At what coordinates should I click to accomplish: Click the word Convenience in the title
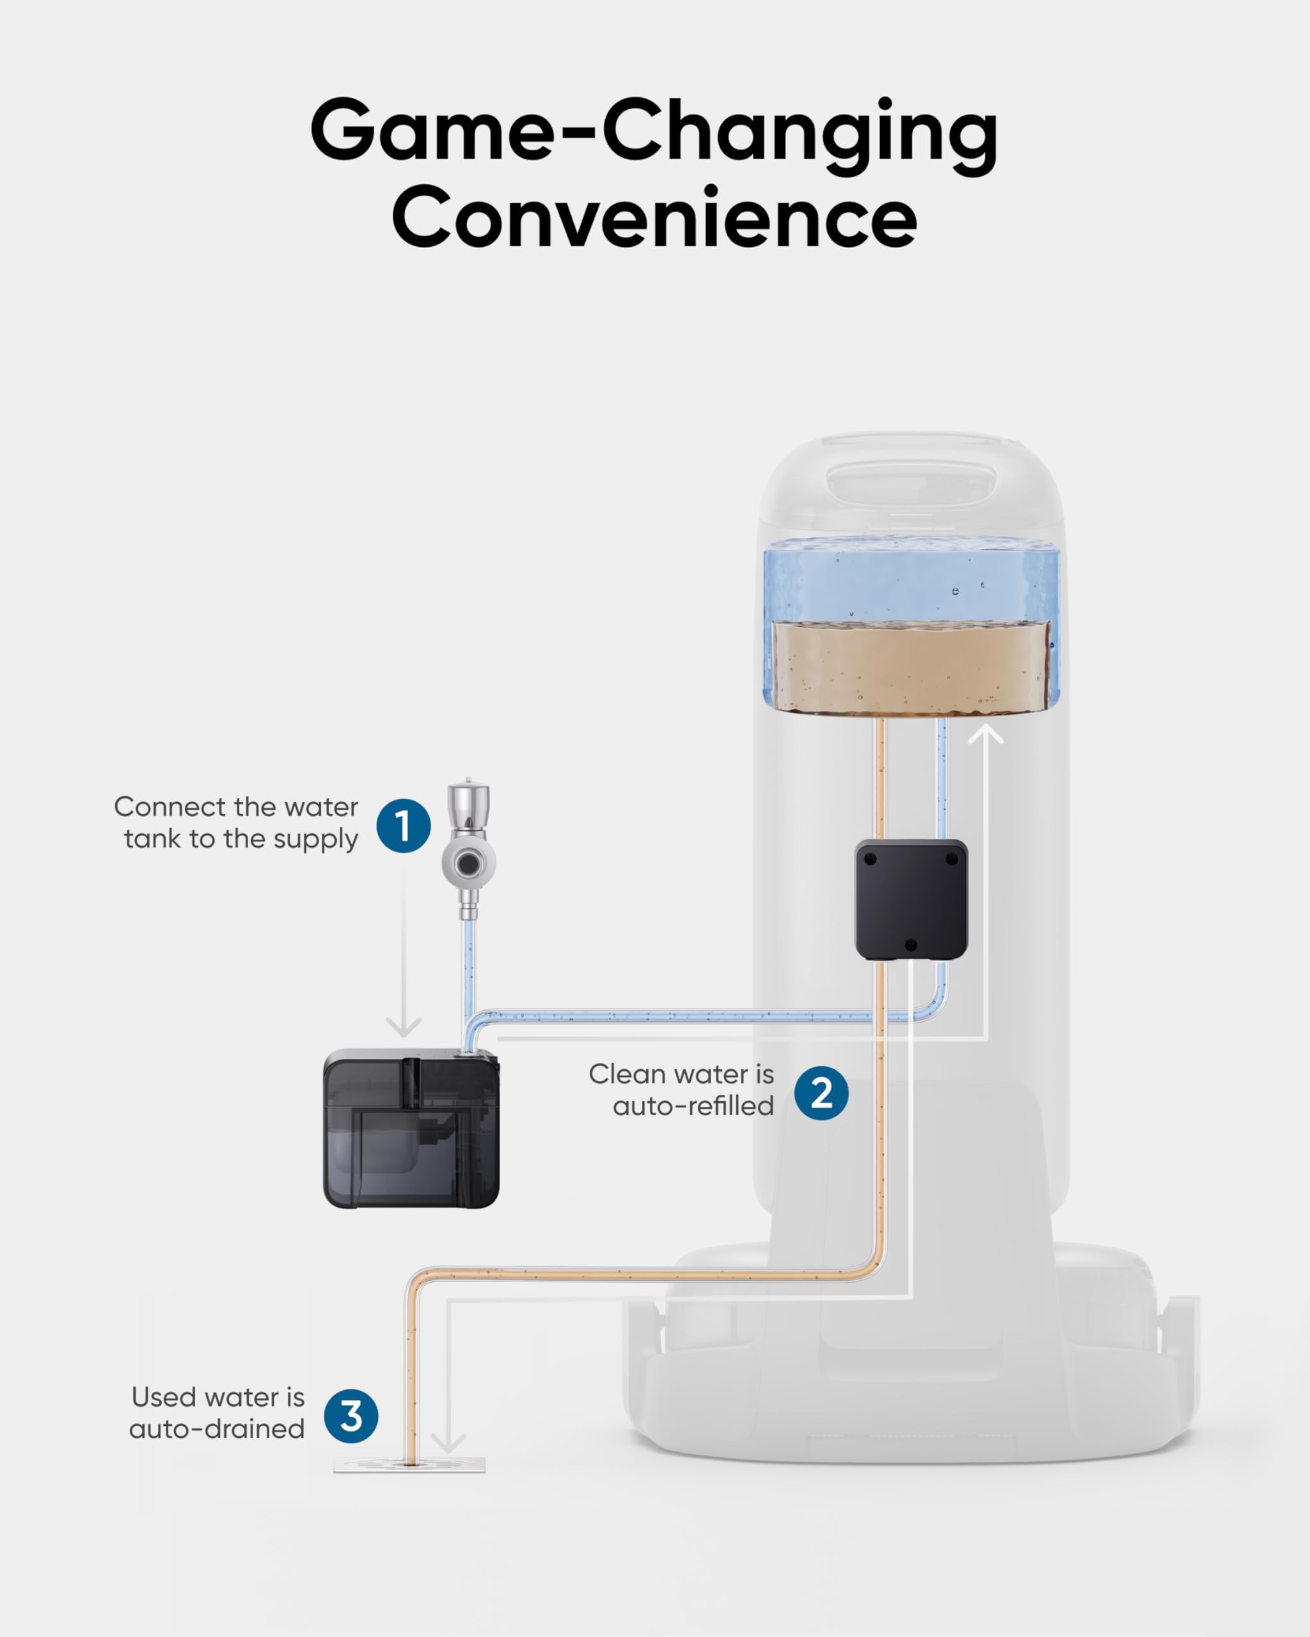(x=654, y=218)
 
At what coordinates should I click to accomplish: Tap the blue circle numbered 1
(x=403, y=826)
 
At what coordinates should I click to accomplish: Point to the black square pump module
(x=911, y=899)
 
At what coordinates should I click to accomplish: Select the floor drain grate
(x=409, y=1464)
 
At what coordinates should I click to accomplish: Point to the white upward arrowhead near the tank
(x=986, y=735)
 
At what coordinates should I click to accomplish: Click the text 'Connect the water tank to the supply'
(x=237, y=822)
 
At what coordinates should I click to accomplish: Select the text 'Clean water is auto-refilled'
(x=681, y=1090)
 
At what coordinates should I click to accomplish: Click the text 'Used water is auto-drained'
(x=217, y=1413)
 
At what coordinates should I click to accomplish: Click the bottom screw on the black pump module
(x=911, y=944)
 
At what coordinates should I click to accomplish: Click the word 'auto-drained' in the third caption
(x=217, y=1429)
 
